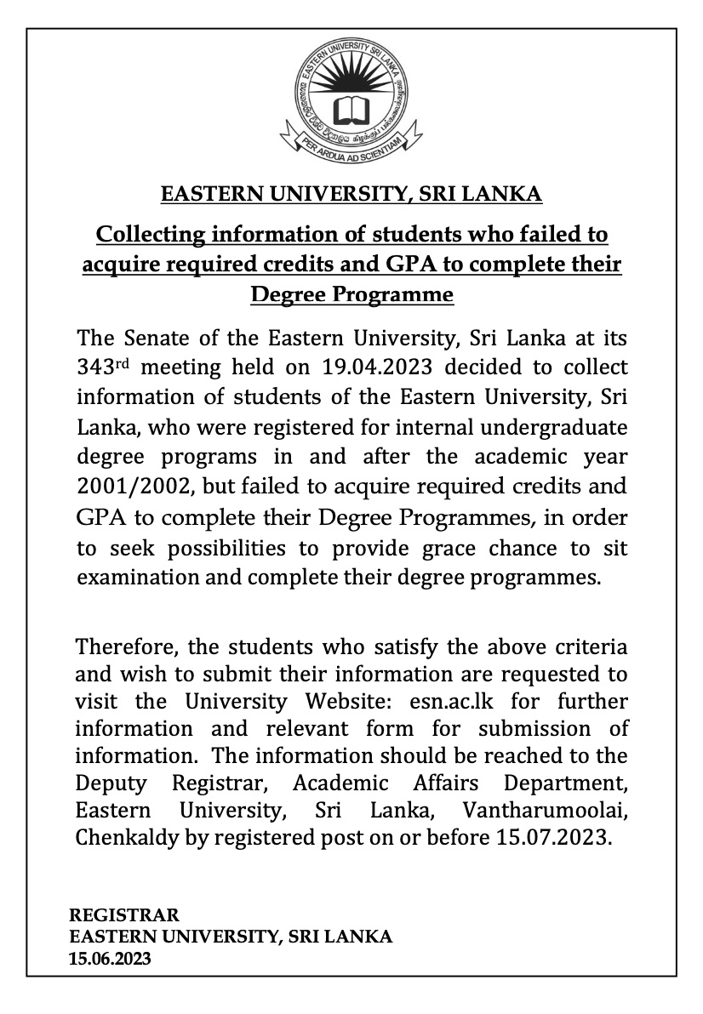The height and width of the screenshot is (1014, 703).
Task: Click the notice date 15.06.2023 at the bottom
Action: tap(111, 959)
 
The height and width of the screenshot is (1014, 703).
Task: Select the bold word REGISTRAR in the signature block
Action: tap(124, 915)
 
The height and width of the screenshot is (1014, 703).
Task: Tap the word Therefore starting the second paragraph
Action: tap(126, 647)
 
